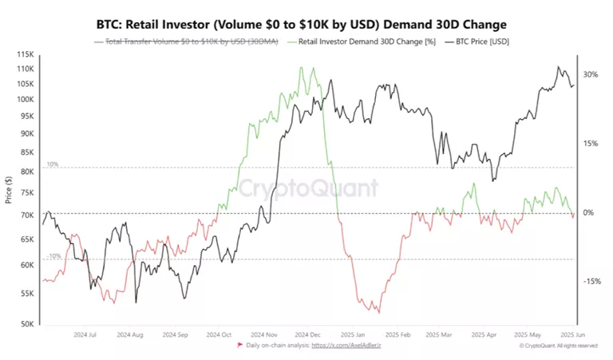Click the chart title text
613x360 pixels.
(306, 24)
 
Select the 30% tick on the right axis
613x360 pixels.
(590, 74)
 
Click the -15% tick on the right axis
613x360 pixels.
(591, 281)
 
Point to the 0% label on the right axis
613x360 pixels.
(587, 212)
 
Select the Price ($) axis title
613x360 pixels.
(8, 190)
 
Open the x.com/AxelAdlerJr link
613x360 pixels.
(346, 346)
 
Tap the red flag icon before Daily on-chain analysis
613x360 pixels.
(241, 346)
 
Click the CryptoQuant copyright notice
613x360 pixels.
(558, 346)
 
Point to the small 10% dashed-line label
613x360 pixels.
(53, 164)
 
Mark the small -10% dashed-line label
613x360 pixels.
(53, 256)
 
